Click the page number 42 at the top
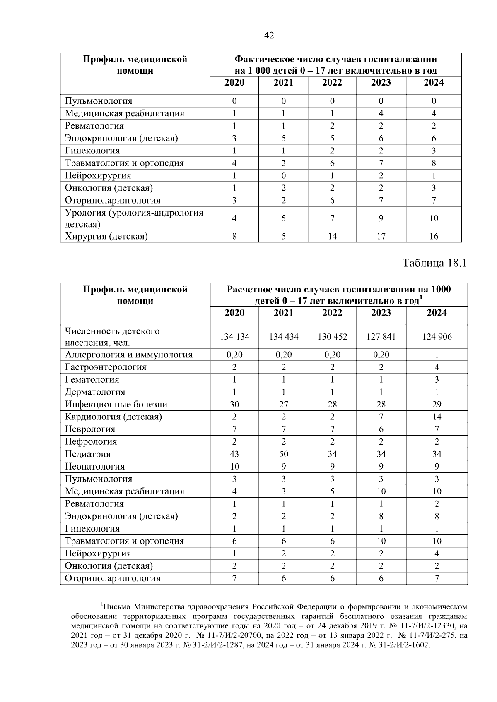click(269, 36)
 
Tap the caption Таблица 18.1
click(434, 264)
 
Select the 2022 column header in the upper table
click(332, 82)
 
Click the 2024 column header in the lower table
click(437, 313)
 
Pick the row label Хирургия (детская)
click(106, 236)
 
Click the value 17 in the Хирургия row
click(381, 236)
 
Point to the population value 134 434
click(284, 337)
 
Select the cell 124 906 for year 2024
click(437, 337)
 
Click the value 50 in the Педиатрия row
click(284, 454)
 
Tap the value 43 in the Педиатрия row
click(234, 454)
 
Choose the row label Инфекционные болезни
click(116, 404)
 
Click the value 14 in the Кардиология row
click(437, 417)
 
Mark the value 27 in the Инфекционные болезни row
click(284, 404)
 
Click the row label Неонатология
click(95, 466)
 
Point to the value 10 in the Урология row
click(434, 218)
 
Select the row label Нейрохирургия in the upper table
click(98, 175)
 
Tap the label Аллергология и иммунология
click(129, 355)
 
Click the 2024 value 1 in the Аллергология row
click(437, 355)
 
